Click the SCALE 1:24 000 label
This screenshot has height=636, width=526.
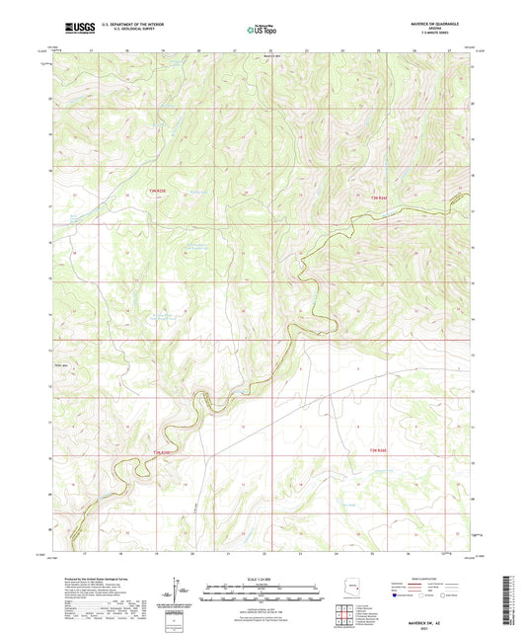pyautogui.click(x=262, y=579)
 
